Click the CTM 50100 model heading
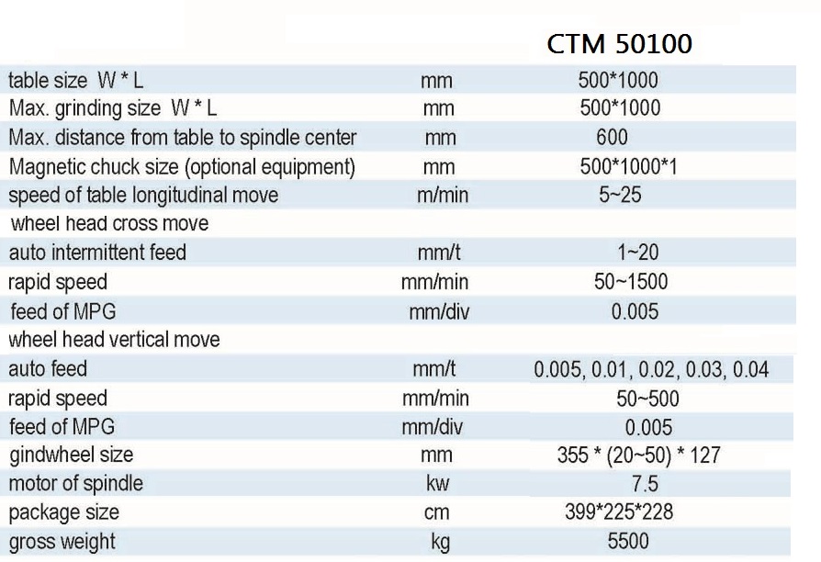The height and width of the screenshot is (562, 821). (619, 44)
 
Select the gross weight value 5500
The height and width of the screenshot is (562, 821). (627, 541)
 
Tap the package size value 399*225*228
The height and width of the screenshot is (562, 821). (619, 511)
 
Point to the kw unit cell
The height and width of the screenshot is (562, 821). (438, 483)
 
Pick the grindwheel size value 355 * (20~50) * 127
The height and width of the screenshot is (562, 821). (638, 455)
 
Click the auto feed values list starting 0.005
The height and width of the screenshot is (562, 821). (650, 370)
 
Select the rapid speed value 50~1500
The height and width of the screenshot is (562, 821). (631, 281)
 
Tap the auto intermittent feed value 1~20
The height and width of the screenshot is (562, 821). (638, 252)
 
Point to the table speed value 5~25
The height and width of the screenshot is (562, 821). (620, 196)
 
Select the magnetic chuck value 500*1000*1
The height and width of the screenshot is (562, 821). (628, 167)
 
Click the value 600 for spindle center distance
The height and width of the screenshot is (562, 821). (612, 138)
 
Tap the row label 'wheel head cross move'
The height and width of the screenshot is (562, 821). (109, 223)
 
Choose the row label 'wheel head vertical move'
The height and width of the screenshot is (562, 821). (115, 340)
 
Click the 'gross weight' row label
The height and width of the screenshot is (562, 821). (62, 541)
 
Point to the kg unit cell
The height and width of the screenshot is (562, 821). (440, 542)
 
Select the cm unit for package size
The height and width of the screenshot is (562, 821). (439, 512)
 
